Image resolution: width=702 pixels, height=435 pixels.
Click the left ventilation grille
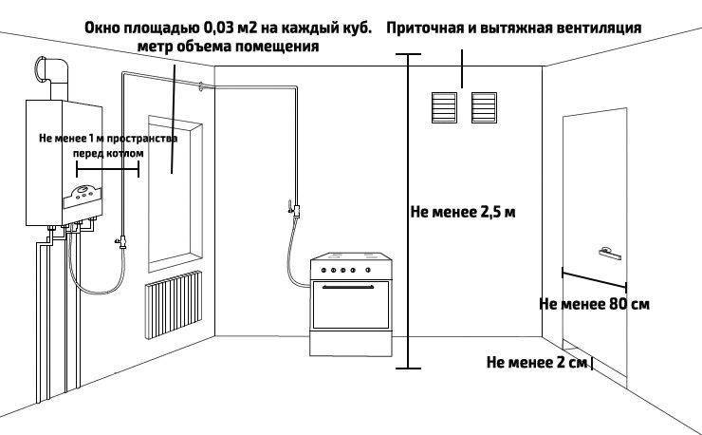[x=444, y=107]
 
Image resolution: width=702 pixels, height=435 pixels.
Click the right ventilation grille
[x=484, y=107]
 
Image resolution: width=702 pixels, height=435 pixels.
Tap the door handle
[x=610, y=254]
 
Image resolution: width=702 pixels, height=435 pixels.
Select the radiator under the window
[x=174, y=305]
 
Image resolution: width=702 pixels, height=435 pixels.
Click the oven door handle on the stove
[x=348, y=287]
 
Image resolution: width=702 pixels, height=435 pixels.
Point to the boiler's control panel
[x=83, y=198]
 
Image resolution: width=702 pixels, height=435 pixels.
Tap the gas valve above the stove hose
[x=294, y=210]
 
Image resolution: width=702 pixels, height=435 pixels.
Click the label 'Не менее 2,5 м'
[x=463, y=212]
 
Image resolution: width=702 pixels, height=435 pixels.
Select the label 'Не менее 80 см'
[x=594, y=304]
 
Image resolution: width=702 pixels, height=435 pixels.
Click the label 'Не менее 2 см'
[x=536, y=362]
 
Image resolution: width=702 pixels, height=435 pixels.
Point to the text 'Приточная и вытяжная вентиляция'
[x=513, y=28]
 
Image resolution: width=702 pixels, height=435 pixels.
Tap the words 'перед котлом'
[x=108, y=153]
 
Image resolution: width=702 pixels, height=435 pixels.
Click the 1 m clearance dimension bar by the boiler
[x=107, y=169]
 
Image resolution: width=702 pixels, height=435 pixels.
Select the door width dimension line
[x=594, y=279]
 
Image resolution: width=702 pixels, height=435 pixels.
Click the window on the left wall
[x=175, y=194]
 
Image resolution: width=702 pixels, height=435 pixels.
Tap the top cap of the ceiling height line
[x=408, y=54]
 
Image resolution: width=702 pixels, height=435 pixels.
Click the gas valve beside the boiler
[x=121, y=242]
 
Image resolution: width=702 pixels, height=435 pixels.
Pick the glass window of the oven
[x=351, y=306]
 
